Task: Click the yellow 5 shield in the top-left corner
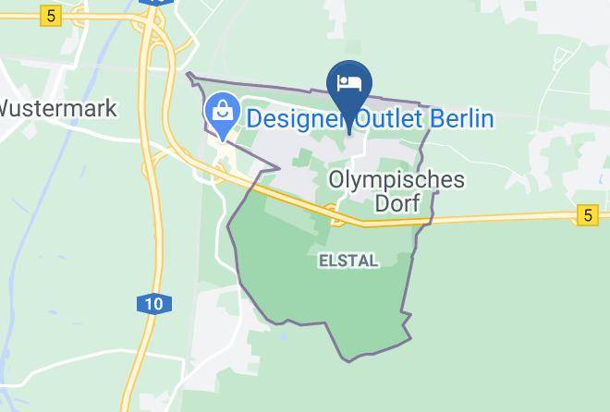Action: coord(50,16)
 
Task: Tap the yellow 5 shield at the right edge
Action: coord(585,215)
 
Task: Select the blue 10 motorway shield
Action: coord(152,303)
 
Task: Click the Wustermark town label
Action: coord(57,108)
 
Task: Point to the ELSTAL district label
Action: coord(348,261)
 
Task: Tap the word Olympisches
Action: coord(397,179)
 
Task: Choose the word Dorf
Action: coord(404,203)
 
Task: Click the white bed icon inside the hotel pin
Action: coord(349,83)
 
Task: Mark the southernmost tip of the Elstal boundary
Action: coord(348,360)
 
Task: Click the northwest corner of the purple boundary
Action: coord(189,74)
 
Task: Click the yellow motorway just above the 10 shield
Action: coord(149,268)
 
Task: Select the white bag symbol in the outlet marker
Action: coord(223,111)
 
